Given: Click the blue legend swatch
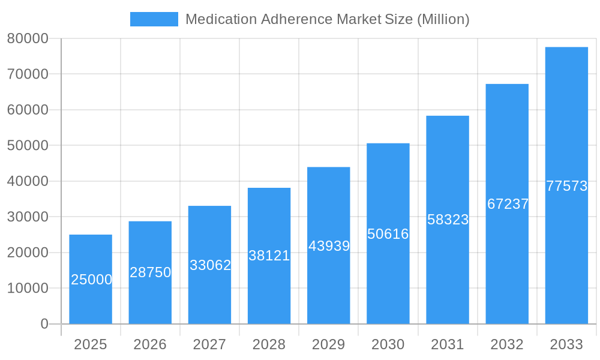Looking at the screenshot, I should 154,19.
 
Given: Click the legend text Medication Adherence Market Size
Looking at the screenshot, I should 327,19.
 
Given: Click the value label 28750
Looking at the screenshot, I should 151,272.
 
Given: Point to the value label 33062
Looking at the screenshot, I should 210,265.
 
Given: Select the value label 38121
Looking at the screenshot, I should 269,256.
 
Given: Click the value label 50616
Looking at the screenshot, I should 388,234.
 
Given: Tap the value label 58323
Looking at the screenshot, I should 448,220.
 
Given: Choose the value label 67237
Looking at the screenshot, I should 508,204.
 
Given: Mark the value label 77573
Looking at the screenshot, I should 566,186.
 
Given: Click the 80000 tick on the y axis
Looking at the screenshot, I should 28,38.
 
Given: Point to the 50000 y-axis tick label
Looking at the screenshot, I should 28,146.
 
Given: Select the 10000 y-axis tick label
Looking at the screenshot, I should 28,288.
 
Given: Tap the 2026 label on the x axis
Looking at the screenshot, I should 150,344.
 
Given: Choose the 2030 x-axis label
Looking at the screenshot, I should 388,344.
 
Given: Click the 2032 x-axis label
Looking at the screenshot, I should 507,344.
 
